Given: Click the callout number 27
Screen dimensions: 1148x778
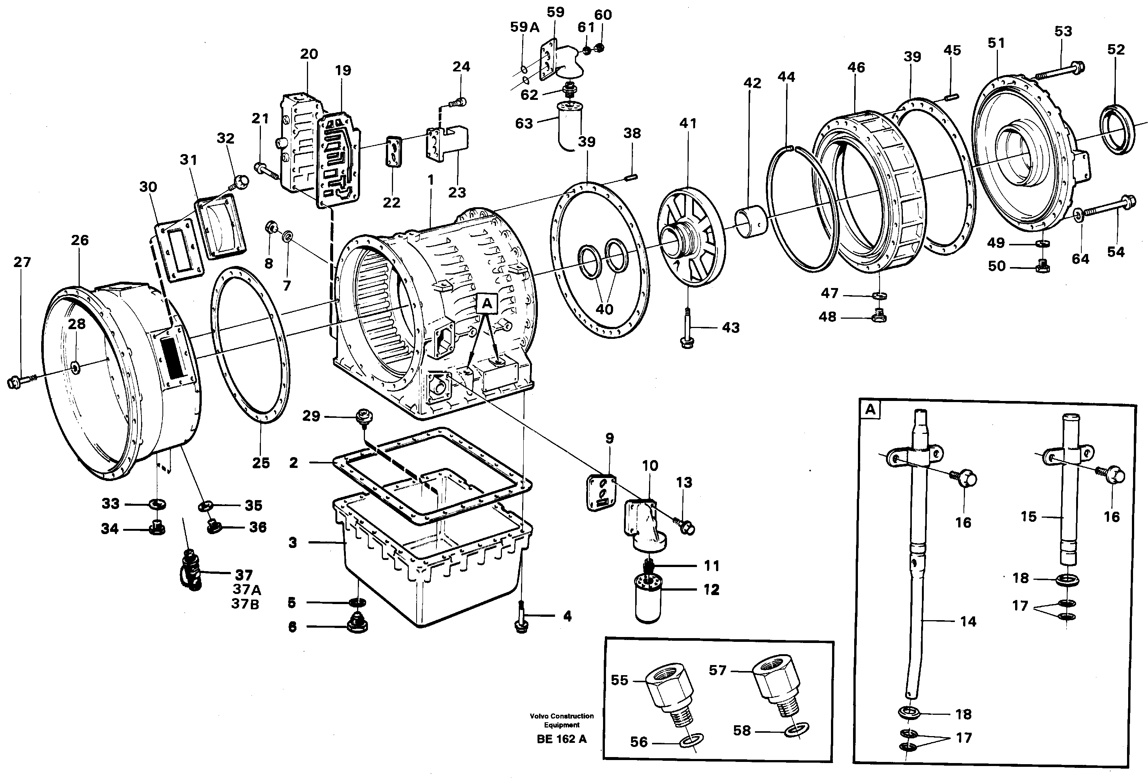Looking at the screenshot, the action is pyautogui.click(x=22, y=262).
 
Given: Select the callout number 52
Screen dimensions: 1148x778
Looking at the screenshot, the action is pyautogui.click(x=1116, y=49).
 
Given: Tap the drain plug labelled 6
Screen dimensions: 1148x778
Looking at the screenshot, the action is pyautogui.click(x=357, y=625).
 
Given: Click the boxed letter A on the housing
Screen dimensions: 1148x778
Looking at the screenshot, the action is pyautogui.click(x=487, y=304).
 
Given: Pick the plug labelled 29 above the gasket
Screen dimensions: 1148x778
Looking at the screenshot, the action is pyautogui.click(x=365, y=415).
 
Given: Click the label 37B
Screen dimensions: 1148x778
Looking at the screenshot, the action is pyautogui.click(x=246, y=604).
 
